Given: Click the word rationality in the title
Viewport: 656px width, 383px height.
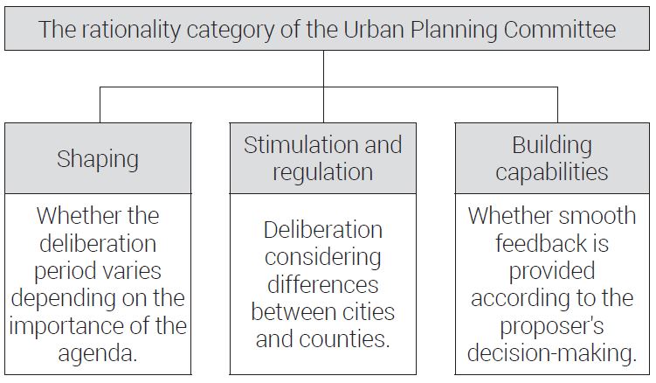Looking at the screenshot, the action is point(132,31).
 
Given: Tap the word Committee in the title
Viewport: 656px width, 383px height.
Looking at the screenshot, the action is point(560,30).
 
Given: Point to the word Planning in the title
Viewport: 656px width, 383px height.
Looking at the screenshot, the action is point(454,31).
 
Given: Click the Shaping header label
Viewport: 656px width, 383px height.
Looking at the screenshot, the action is point(98,160).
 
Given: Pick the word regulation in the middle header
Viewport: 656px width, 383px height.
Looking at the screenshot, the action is point(322,172).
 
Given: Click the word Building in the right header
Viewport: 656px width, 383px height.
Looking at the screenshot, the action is point(552,146).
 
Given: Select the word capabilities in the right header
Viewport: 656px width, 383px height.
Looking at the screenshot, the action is point(551,172).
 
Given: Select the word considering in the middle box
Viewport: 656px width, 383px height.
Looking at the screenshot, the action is point(323,258).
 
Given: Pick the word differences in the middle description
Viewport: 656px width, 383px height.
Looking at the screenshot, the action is point(323,285).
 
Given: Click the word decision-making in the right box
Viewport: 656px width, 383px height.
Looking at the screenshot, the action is point(552,353).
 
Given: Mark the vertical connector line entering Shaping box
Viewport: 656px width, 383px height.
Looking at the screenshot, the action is point(100,105).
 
